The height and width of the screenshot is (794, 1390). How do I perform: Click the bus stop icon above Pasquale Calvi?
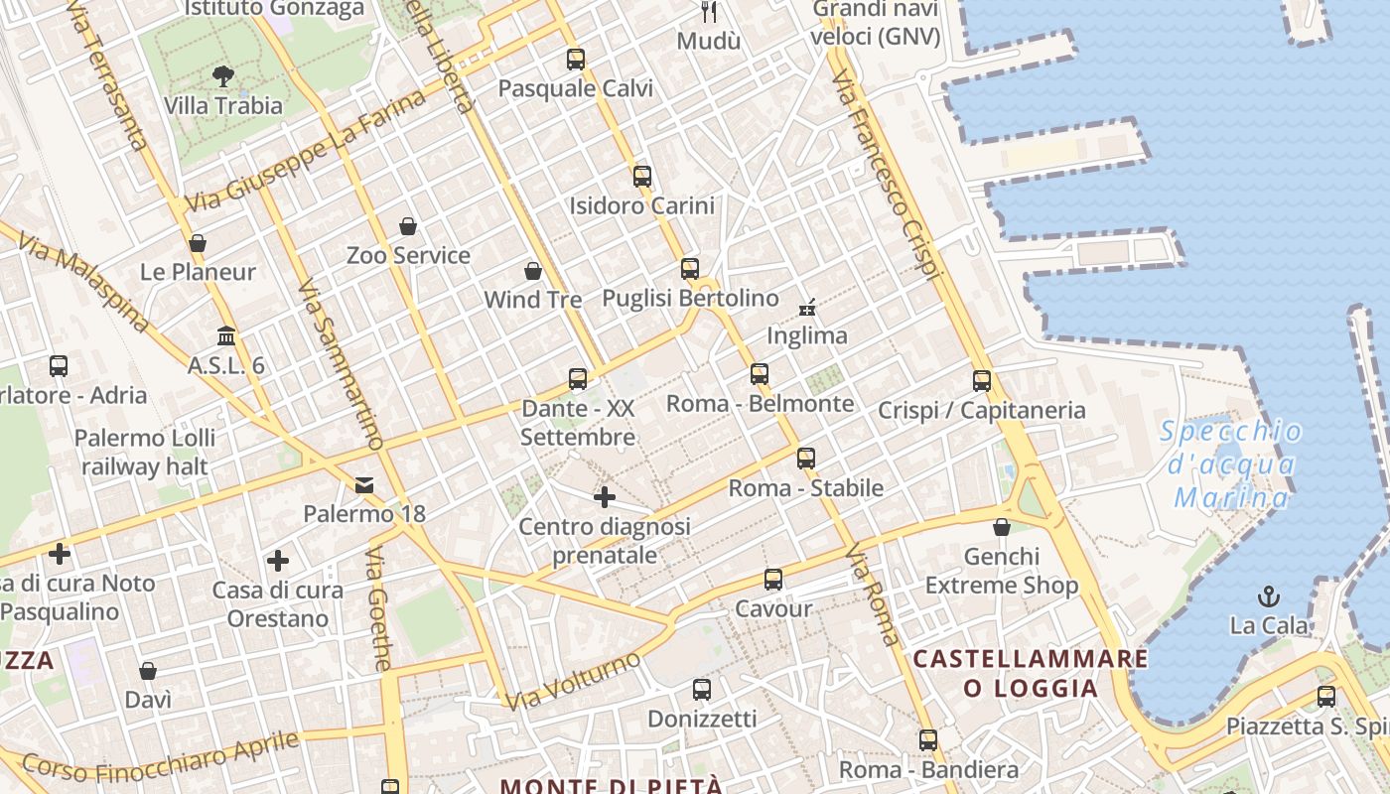[x=576, y=60]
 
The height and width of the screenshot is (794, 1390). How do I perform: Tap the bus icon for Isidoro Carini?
[x=642, y=177]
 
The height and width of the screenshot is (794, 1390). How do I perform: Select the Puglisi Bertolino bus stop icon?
[x=690, y=269]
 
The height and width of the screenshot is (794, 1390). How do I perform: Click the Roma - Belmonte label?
[x=760, y=403]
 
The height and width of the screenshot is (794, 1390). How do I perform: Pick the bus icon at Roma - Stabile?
[x=806, y=459]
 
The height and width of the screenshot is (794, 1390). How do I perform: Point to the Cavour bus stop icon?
[x=773, y=580]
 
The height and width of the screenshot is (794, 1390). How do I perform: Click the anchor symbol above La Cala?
[x=1269, y=596]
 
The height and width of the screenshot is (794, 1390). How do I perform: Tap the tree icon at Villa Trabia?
[x=223, y=75]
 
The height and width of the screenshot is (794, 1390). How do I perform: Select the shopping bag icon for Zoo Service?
[x=408, y=226]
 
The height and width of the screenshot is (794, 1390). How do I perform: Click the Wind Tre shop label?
[x=533, y=299]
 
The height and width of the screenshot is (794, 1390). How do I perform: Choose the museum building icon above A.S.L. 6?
[x=226, y=335]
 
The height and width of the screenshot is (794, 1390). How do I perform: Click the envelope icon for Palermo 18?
[x=364, y=484]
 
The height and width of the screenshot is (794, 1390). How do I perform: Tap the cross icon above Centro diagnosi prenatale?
[x=605, y=496]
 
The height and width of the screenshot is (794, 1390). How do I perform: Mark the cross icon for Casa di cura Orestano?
[x=278, y=561]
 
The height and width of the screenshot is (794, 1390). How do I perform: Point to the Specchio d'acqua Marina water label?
[x=1231, y=463]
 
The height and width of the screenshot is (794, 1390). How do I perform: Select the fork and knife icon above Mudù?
[x=709, y=12]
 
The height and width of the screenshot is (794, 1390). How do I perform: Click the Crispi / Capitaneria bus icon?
[x=982, y=380]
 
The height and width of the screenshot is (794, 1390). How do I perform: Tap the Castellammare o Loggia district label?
[x=1031, y=673]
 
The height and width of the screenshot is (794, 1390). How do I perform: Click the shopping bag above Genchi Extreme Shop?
[x=1002, y=527]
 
